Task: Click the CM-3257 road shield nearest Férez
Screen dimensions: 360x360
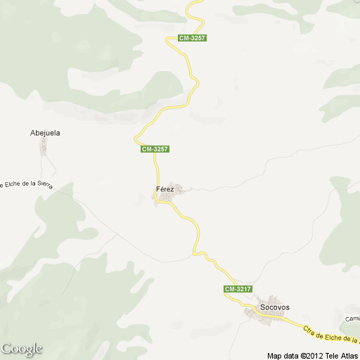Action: [x=155, y=149]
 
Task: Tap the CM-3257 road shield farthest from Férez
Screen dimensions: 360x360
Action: [x=192, y=38]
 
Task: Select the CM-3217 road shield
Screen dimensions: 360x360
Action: [x=238, y=289]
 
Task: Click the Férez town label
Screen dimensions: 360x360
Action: [x=165, y=189]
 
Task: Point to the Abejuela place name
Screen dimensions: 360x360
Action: [x=45, y=132]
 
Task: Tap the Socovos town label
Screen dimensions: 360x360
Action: [x=275, y=307]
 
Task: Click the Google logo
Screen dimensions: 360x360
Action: [x=22, y=349]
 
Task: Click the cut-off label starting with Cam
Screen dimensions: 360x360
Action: [x=352, y=319]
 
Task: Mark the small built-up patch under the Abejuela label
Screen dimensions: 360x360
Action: [x=44, y=147]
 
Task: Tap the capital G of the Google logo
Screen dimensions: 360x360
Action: [x=7, y=349]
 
